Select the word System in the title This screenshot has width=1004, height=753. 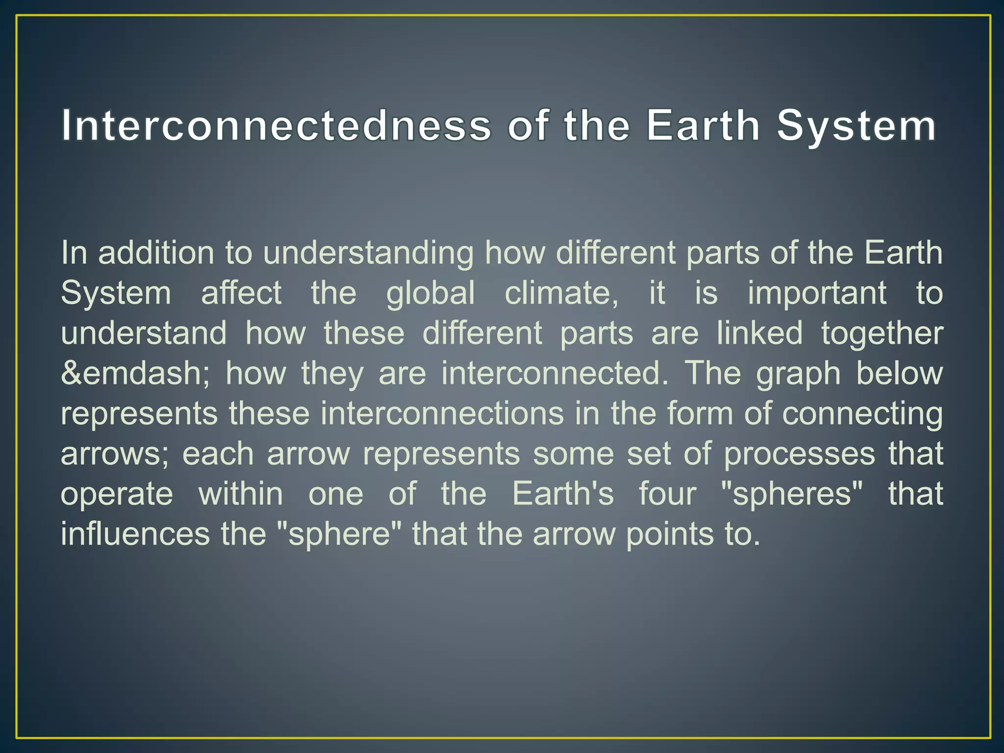tap(856, 125)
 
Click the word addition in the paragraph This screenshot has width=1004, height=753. tap(156, 253)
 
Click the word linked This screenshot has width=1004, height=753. tap(759, 333)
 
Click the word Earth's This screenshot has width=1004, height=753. tap(563, 494)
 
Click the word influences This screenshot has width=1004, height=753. tap(135, 534)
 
